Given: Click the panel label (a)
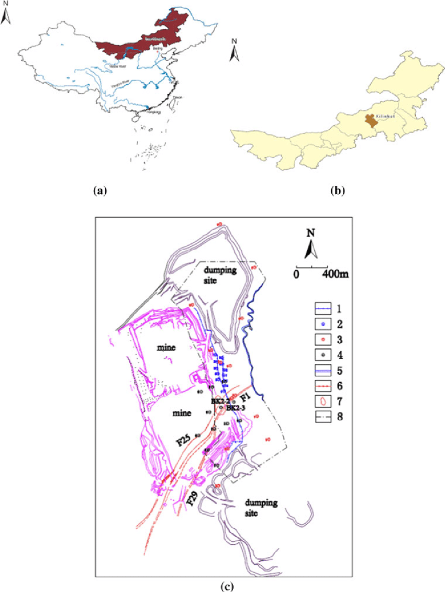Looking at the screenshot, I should point(99,191).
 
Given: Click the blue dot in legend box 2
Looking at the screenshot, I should point(323,323).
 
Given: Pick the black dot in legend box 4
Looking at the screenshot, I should point(323,354).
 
